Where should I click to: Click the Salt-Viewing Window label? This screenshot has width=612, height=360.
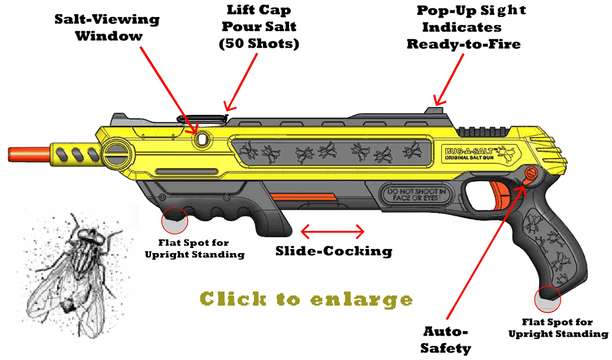click(x=107, y=28)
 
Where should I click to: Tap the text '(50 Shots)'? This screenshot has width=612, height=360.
click(x=259, y=44)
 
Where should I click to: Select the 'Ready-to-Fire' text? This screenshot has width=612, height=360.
click(x=463, y=44)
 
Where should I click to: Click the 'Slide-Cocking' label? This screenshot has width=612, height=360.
click(x=334, y=251)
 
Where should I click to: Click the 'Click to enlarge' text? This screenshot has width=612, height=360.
click(x=307, y=299)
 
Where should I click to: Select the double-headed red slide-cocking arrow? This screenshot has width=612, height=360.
click(x=333, y=231)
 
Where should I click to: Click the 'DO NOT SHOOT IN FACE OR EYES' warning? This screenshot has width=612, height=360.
click(x=415, y=196)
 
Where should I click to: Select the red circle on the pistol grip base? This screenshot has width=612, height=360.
click(x=547, y=299)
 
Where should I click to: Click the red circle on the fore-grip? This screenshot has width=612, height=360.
click(x=174, y=221)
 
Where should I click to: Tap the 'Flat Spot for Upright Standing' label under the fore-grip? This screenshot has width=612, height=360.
click(x=195, y=249)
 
